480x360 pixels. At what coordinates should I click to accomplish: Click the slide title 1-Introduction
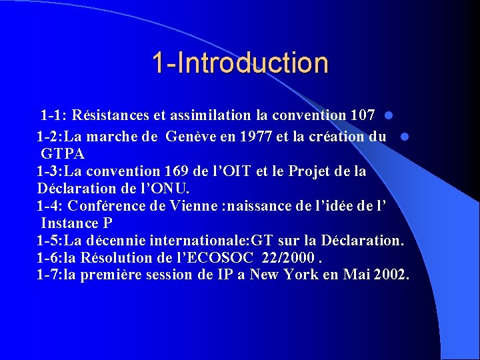(x=240, y=63)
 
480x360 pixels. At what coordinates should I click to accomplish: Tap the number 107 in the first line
(x=362, y=115)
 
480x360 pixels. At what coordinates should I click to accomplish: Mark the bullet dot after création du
(x=405, y=137)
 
